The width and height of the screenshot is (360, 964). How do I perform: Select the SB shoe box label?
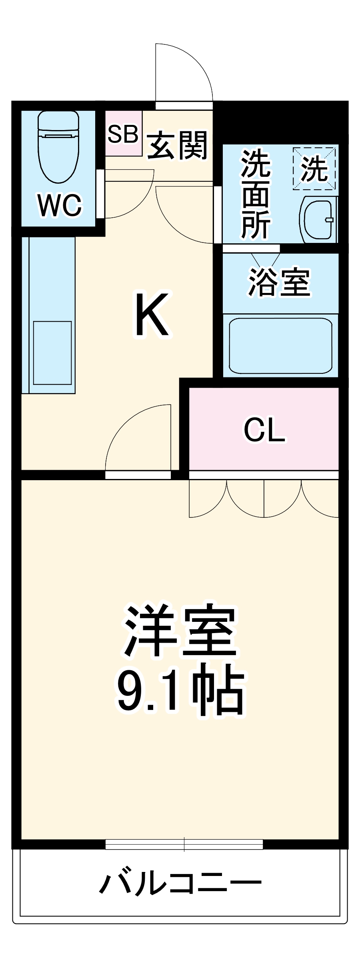pos(123,134)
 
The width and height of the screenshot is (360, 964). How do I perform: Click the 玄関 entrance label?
pos(178,145)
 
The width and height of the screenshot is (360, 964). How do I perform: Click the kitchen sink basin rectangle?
pos(52,353)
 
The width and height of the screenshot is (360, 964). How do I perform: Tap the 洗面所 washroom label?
pos(256,194)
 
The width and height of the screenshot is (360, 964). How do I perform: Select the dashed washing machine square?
pos(314,168)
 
